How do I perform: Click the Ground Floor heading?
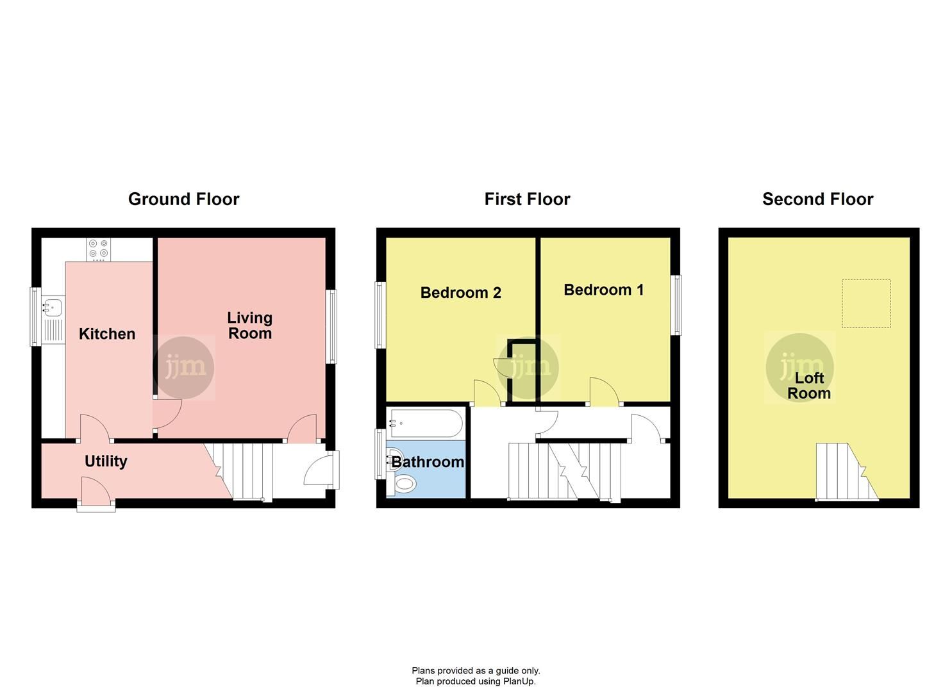(183, 199)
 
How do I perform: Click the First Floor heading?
(527, 199)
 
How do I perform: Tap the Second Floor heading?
(817, 199)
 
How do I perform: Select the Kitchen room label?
(107, 334)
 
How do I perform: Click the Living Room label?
(250, 325)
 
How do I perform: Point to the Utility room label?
(106, 461)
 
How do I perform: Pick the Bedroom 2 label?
(460, 293)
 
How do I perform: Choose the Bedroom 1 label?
(603, 290)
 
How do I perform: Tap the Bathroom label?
(428, 461)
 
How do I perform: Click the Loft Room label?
(809, 386)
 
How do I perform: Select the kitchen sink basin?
(52, 308)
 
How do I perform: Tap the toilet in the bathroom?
(404, 483)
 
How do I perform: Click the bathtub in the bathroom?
(424, 423)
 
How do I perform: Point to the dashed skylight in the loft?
(866, 303)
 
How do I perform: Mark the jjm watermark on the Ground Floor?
(185, 368)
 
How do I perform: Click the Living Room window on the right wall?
(331, 327)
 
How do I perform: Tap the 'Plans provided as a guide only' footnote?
(476, 671)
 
